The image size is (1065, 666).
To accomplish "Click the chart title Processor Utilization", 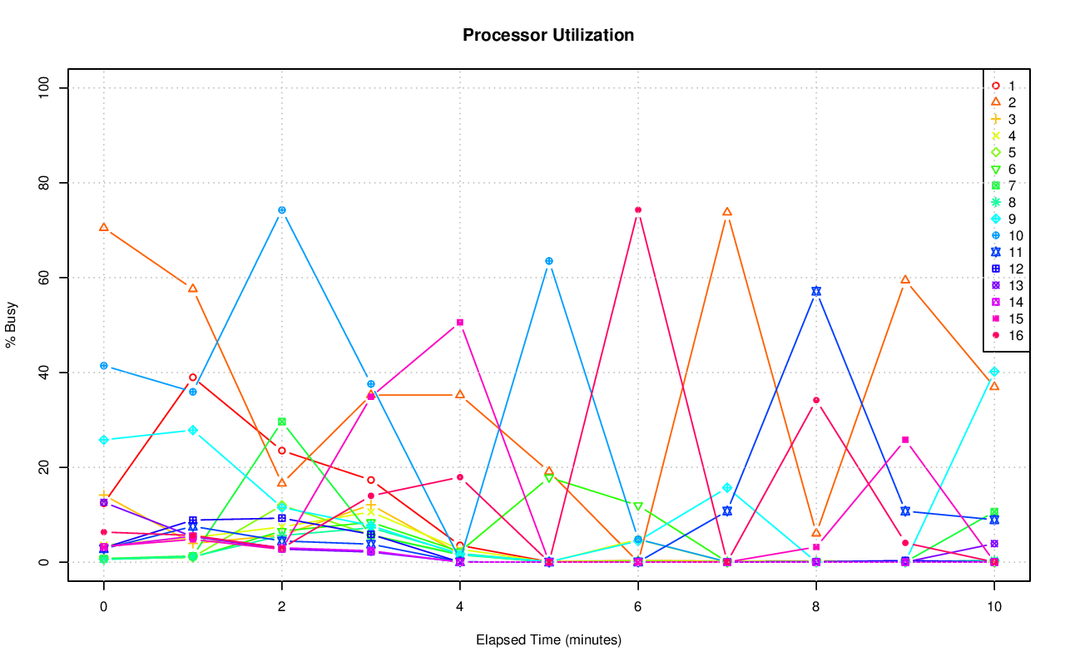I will coord(548,36).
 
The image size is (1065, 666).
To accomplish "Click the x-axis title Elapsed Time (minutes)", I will coord(548,640).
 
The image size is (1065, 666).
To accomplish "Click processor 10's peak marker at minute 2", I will coord(282,210).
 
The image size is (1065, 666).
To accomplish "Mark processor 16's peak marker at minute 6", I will coord(638,210).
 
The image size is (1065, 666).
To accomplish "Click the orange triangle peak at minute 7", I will coord(727,212).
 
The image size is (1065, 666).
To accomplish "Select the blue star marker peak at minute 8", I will coord(816,291).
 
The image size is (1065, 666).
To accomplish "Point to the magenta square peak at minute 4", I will coord(460,323).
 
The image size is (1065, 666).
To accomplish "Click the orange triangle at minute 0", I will coord(104,227).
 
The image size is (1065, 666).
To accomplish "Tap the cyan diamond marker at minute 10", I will coord(994,372).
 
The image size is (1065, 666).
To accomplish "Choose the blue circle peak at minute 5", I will coord(549,261).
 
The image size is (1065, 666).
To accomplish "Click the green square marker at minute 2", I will coord(282,422).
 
